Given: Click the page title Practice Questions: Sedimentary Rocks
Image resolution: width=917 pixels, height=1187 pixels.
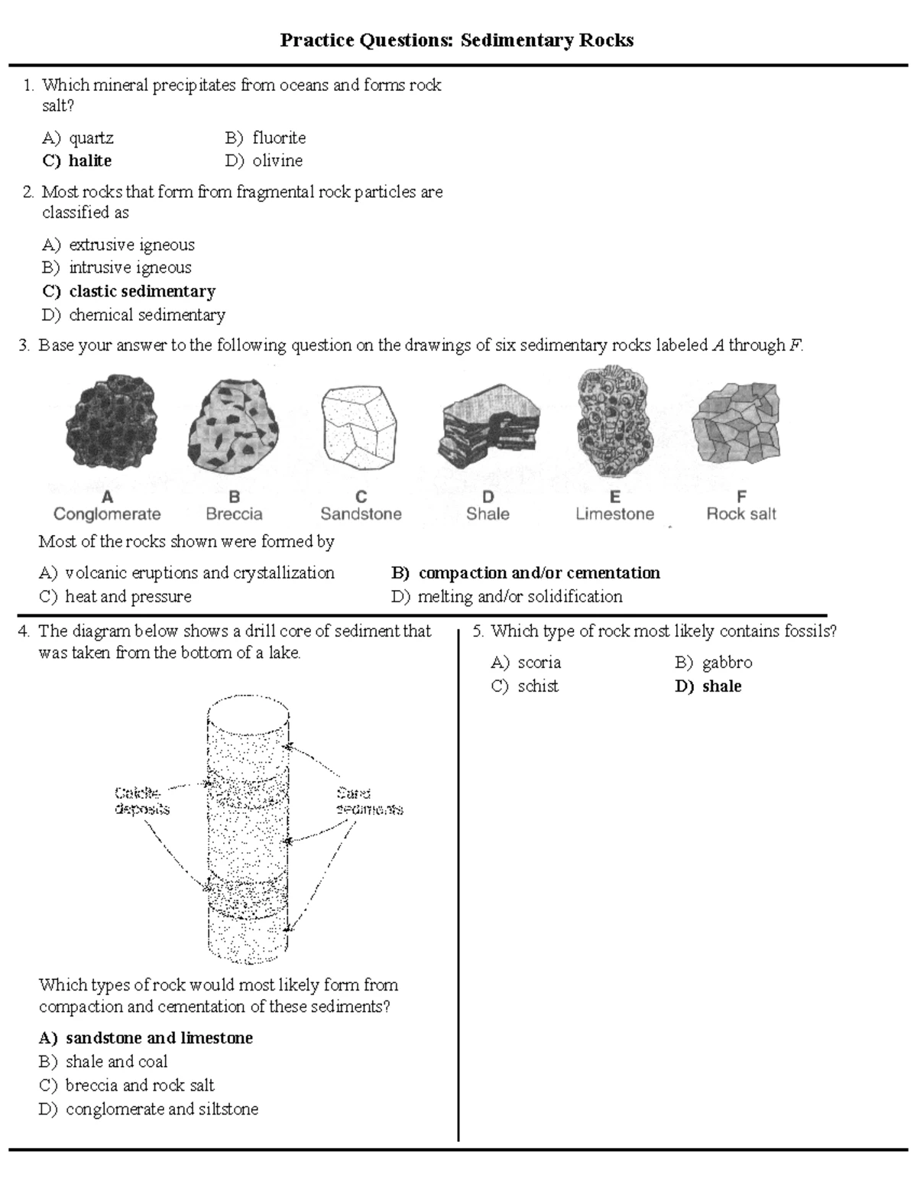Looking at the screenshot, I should [457, 40].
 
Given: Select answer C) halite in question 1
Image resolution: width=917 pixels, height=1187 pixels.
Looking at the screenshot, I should [77, 161].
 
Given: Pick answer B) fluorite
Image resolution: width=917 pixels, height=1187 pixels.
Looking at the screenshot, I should [265, 138].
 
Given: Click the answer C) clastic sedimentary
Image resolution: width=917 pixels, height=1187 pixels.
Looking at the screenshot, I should [128, 291].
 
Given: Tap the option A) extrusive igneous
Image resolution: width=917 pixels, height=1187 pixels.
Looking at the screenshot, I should [118, 245].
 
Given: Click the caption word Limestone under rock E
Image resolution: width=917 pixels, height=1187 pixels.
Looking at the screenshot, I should [614, 514].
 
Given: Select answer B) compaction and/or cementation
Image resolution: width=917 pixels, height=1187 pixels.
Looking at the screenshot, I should [526, 572].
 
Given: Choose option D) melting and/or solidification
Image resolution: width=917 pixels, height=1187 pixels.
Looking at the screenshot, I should [507, 596].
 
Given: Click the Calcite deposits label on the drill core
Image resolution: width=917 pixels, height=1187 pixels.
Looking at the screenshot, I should [142, 800].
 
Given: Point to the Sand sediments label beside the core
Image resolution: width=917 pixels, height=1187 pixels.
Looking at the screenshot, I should [369, 801].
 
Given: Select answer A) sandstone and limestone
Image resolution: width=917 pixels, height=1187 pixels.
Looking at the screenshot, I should [146, 1038].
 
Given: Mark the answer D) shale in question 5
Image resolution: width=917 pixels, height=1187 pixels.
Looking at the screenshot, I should [708, 686].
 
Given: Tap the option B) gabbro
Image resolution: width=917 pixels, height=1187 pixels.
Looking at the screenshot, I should [714, 663].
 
